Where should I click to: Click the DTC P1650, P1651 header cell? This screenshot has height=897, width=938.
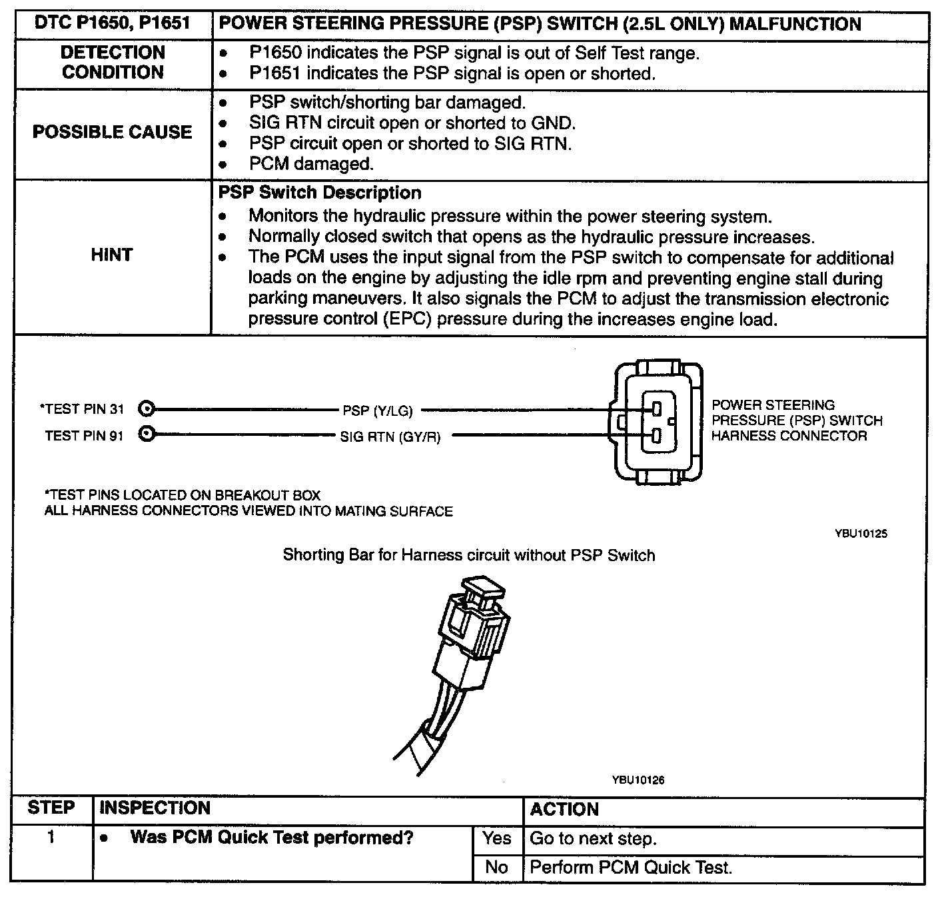click(x=112, y=24)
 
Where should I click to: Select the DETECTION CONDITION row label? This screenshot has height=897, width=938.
click(x=112, y=62)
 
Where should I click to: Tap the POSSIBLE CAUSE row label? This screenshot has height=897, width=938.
click(x=112, y=132)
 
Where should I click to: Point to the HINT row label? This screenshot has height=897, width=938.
click(x=112, y=255)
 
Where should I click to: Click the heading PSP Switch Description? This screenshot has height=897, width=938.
click(x=320, y=193)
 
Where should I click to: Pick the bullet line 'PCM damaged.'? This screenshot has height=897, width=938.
click(x=310, y=164)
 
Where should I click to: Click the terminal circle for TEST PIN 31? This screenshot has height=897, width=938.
click(x=147, y=409)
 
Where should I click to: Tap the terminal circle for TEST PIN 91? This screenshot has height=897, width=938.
click(x=147, y=435)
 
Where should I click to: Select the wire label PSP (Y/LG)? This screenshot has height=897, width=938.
click(x=378, y=411)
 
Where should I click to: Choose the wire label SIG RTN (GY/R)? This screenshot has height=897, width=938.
click(x=390, y=438)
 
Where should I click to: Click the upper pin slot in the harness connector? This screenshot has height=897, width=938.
click(x=656, y=408)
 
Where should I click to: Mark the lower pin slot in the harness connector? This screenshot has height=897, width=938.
click(x=656, y=436)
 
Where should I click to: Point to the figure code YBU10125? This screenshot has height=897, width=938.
click(x=861, y=534)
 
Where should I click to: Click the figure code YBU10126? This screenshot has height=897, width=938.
click(x=638, y=780)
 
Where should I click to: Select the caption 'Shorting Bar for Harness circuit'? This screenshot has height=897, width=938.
click(x=468, y=555)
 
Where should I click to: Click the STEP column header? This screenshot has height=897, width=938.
click(x=51, y=808)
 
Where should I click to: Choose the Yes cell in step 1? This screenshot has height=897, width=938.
click(x=497, y=838)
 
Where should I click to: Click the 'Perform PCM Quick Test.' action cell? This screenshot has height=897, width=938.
click(x=630, y=868)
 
